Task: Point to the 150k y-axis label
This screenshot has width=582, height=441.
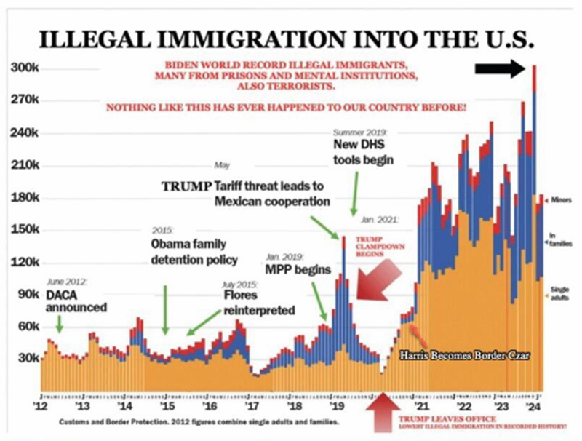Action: [x=28, y=230]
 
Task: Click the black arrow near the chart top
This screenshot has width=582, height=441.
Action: [x=499, y=70]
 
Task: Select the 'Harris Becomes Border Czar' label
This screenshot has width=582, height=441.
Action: [x=463, y=356]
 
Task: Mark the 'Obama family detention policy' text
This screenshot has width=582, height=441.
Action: [x=194, y=251]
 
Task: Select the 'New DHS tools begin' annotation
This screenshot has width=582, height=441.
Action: [x=364, y=154]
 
